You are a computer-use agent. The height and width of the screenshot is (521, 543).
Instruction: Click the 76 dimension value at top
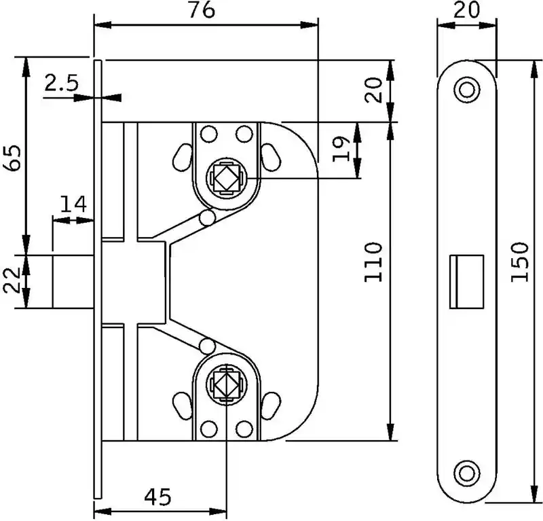[x=202, y=12]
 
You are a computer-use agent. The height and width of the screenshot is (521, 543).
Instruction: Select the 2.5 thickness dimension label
[x=62, y=84]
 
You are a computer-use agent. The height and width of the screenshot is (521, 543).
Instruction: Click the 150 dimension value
[x=519, y=262]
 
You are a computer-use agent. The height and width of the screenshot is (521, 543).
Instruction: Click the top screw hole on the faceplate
[x=466, y=89]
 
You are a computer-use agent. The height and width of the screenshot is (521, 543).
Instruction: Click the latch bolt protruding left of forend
[x=73, y=281]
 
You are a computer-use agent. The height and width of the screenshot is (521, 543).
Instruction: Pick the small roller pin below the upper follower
[x=206, y=217]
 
